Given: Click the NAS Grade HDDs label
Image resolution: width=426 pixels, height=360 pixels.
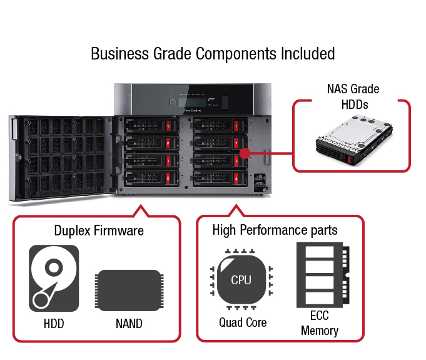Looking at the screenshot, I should point(352,96).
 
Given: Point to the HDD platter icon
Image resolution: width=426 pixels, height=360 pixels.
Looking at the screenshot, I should point(54,279).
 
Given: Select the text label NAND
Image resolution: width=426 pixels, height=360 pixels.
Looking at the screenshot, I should point(128,324).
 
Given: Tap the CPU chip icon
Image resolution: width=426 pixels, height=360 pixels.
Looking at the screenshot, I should point(241,280).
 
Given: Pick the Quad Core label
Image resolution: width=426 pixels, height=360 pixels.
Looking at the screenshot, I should point(243,323).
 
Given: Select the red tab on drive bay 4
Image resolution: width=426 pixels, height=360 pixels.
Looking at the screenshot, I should point(236,179).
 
